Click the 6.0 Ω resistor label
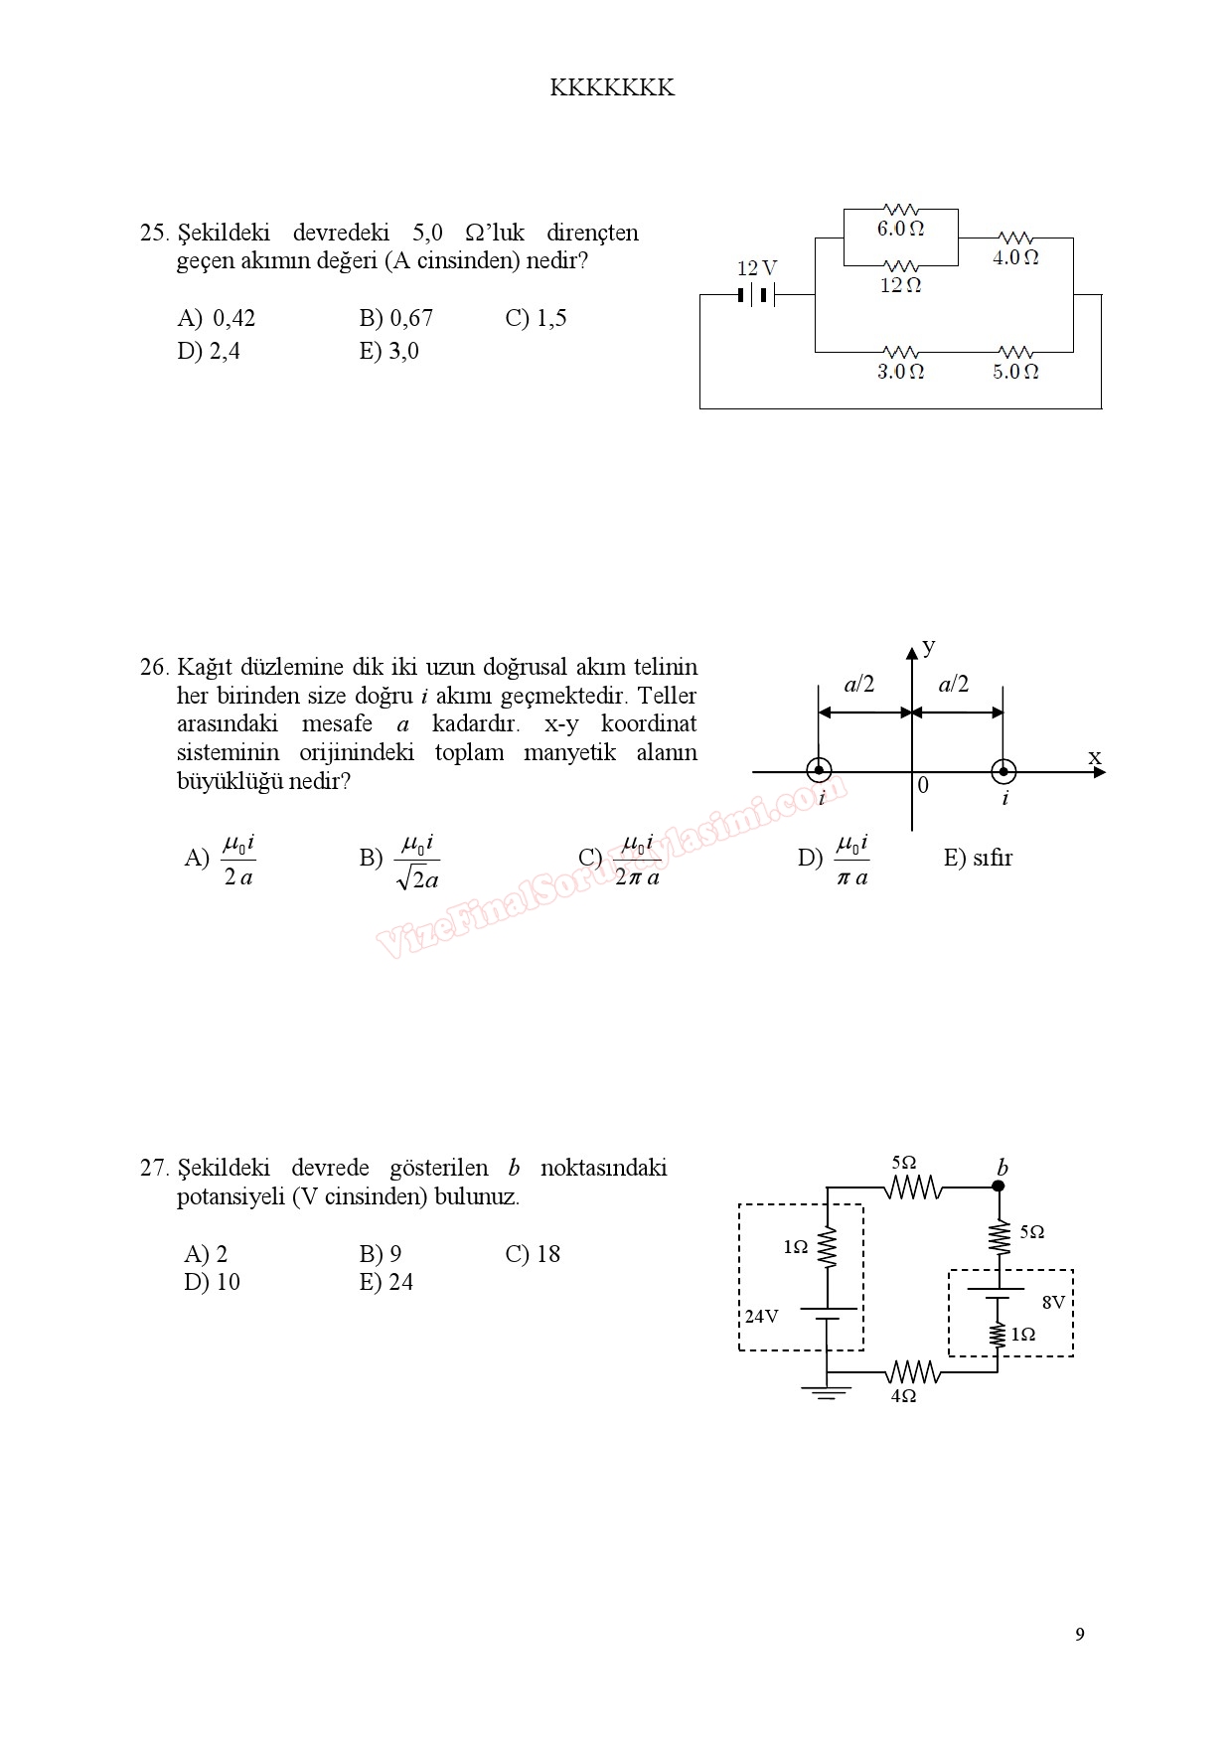pos(900,229)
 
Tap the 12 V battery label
pos(756,268)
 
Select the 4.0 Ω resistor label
pos(1015,257)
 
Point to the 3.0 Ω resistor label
pos(900,372)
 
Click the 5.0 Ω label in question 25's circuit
pos(1015,372)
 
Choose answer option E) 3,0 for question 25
pos(388,351)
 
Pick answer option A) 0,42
pos(217,318)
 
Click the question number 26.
pos(154,667)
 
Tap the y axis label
pos(929,647)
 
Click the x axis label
pos(1095,758)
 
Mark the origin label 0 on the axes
pos(923,786)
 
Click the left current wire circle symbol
pos(818,771)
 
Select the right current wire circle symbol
pos(1003,771)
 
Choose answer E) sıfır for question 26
pos(978,858)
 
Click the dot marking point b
pos(999,1186)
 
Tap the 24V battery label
pos(762,1317)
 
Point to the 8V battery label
pos(1053,1302)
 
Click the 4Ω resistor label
pos(903,1396)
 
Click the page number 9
pos(1080,1635)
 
